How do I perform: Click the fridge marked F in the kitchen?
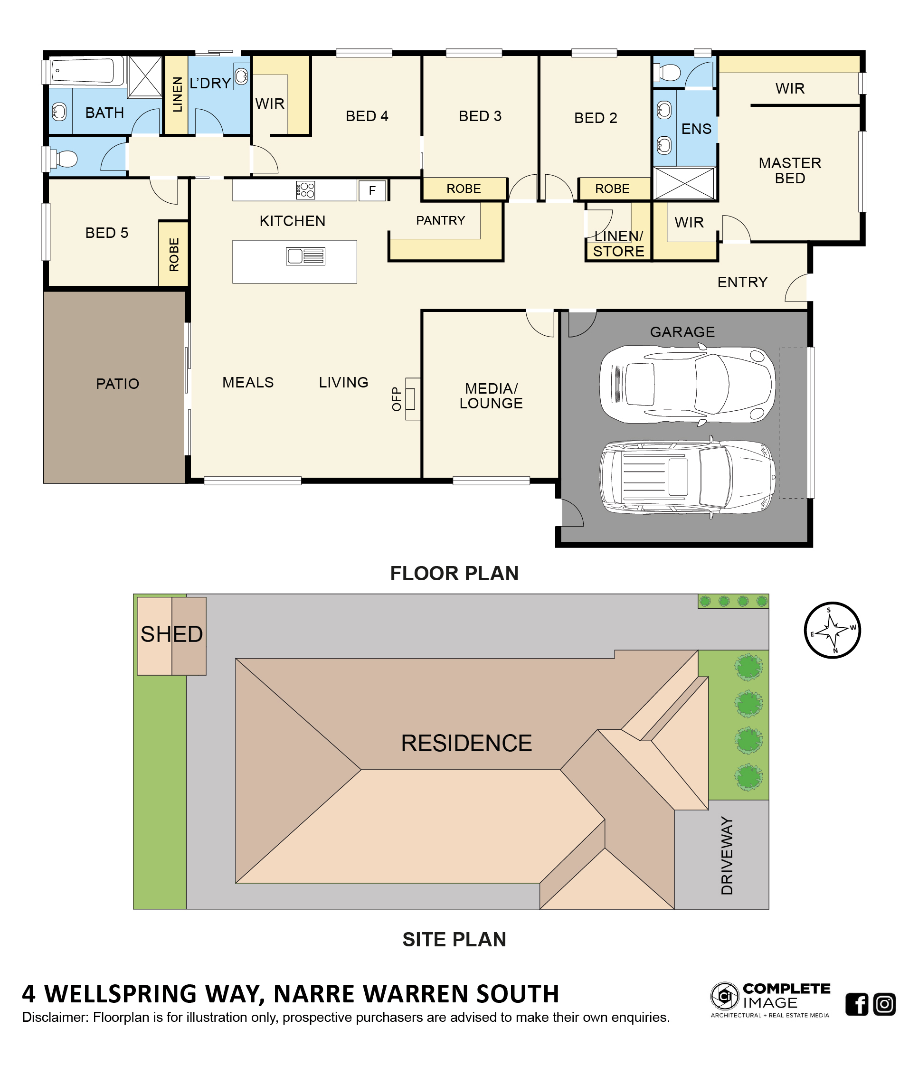(x=371, y=190)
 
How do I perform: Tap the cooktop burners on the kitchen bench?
(x=305, y=190)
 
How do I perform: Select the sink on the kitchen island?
(x=305, y=256)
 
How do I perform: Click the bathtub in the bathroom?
(x=83, y=70)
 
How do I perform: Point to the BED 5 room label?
(x=107, y=233)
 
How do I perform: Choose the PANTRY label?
(x=440, y=220)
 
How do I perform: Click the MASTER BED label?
(x=790, y=170)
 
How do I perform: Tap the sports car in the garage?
(x=687, y=385)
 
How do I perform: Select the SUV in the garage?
(x=687, y=477)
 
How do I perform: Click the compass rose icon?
(x=832, y=630)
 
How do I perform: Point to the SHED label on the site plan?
(x=171, y=634)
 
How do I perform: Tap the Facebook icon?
(x=857, y=1004)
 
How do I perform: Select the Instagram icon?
(x=884, y=1004)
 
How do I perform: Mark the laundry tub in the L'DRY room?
(x=241, y=76)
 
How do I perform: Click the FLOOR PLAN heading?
(x=454, y=573)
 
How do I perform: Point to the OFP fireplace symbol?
(x=412, y=399)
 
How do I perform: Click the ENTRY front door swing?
(x=795, y=288)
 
